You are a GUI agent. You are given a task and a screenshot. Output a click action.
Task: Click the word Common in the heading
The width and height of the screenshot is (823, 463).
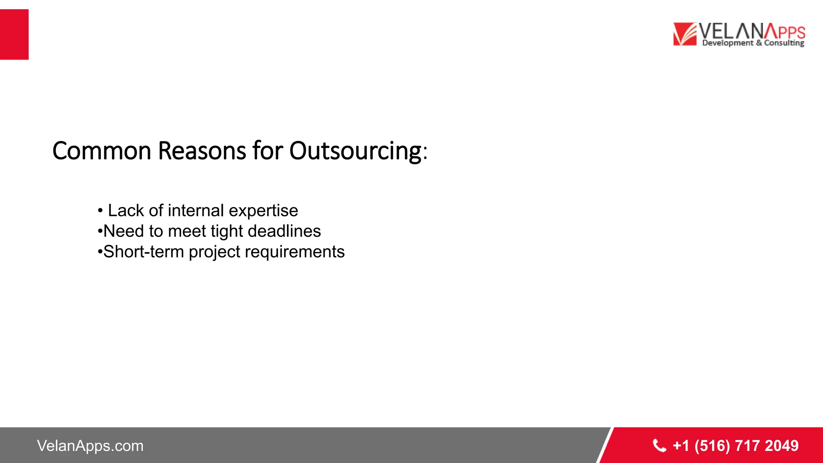pos(102,151)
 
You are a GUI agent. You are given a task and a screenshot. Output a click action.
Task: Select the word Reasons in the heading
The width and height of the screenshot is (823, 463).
pos(202,151)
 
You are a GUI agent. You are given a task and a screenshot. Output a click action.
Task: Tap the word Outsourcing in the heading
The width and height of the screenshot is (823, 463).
pos(356,151)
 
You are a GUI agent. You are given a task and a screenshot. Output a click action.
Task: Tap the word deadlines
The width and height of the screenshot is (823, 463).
pos(284,231)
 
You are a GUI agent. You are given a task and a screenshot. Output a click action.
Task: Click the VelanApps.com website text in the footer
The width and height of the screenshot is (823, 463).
pos(90,446)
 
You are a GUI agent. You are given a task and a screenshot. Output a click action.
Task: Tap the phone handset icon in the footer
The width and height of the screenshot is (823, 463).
pos(659,446)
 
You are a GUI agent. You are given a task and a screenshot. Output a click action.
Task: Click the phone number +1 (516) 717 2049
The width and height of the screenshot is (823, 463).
pos(735,446)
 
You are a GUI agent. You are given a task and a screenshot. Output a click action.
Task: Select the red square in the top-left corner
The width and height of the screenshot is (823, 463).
pos(14,35)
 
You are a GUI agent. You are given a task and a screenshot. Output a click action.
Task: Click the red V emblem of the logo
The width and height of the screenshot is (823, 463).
pos(684,34)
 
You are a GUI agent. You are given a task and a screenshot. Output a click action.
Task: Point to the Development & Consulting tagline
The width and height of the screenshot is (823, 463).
pos(753,43)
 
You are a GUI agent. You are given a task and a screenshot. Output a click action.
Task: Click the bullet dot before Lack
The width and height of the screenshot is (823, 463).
pos(100,211)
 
